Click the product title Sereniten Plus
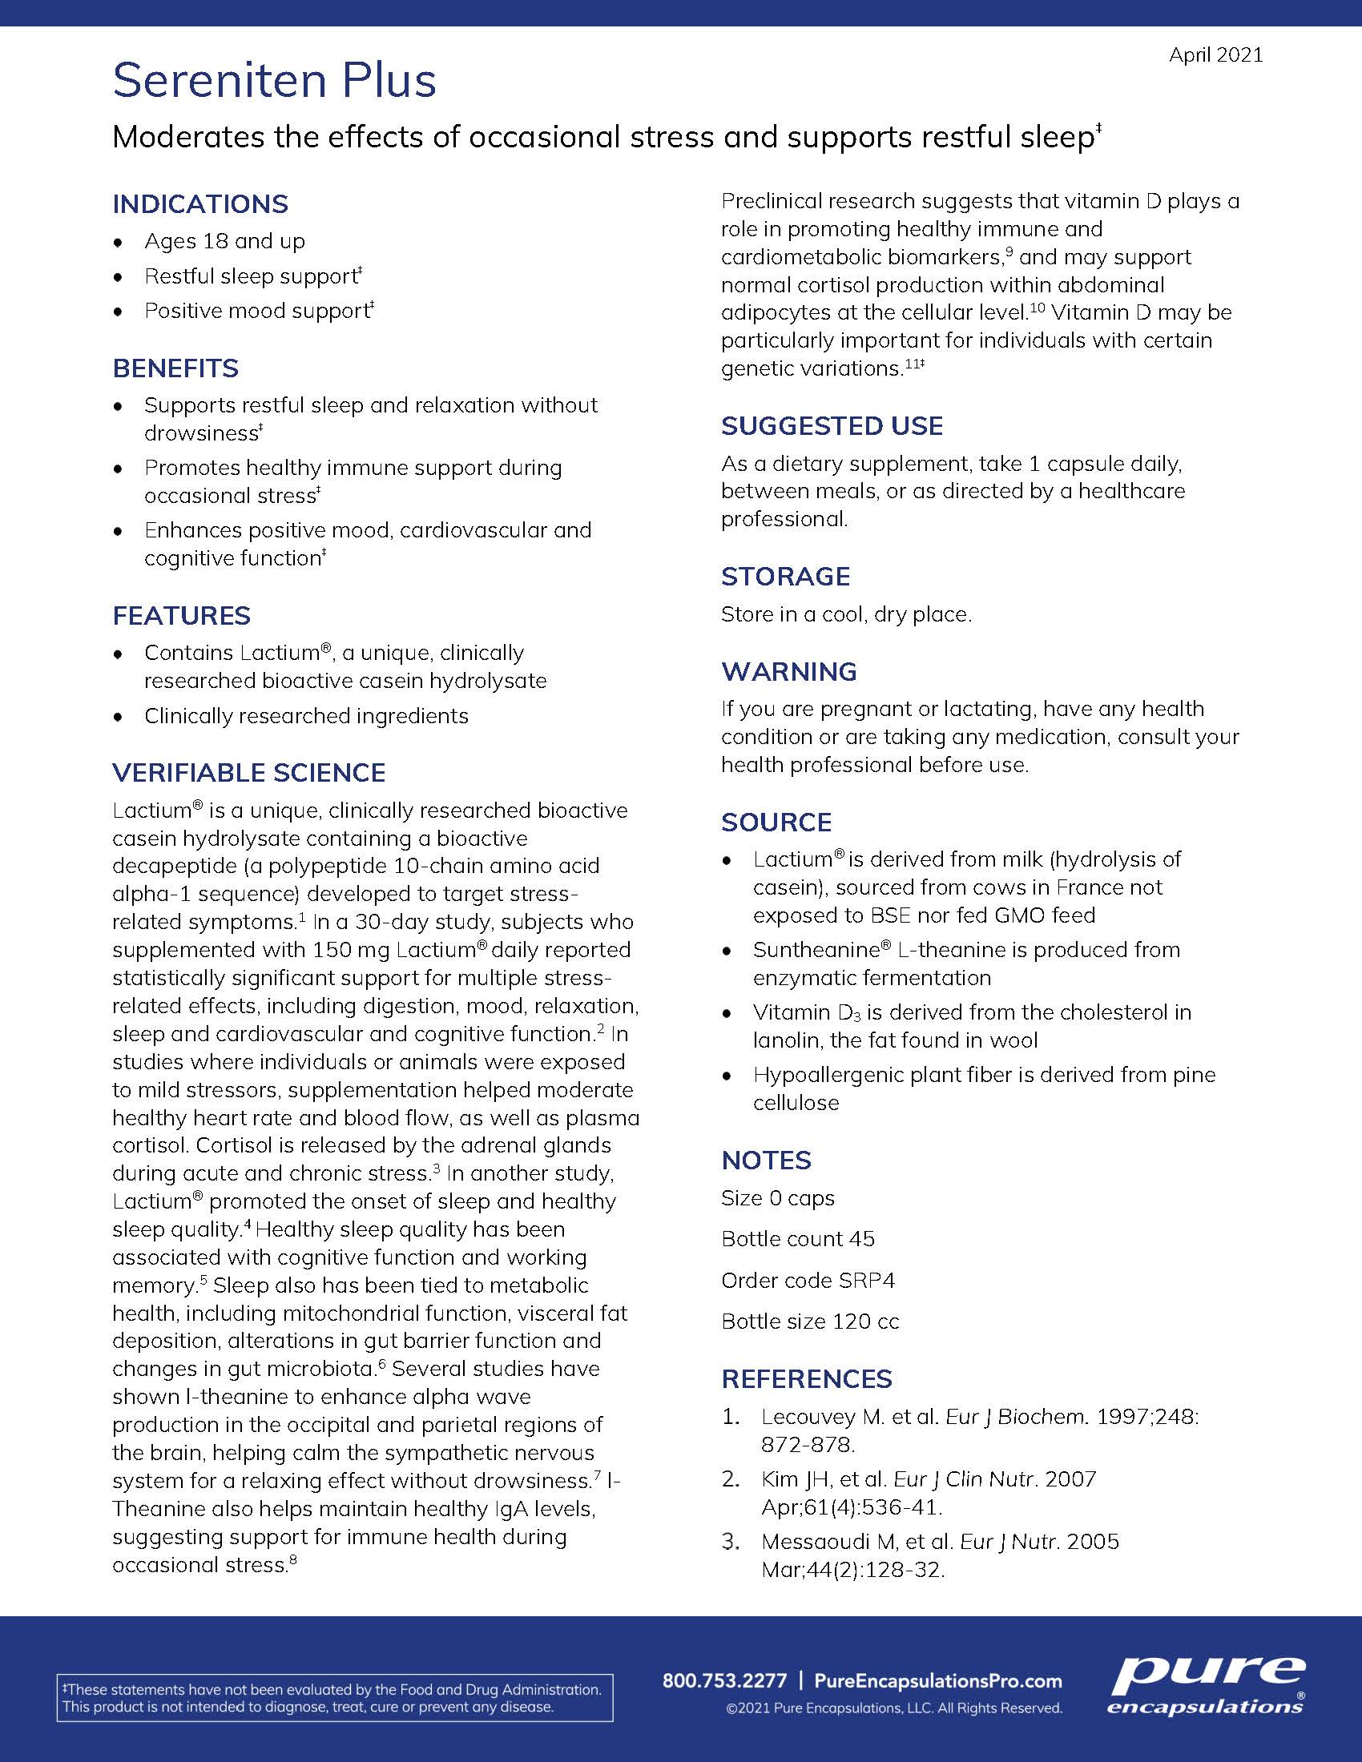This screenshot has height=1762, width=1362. point(274,81)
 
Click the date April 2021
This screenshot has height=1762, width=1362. point(1215,54)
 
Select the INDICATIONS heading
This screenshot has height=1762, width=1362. point(200,204)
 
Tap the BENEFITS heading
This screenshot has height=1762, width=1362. point(175,368)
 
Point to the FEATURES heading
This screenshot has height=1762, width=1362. point(182,616)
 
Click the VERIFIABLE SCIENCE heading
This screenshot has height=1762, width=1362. point(248,773)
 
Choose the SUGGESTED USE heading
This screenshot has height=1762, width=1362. point(832,426)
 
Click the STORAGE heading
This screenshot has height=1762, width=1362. point(785,577)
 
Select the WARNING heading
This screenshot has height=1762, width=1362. point(788,671)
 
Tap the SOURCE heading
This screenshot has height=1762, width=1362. point(776,822)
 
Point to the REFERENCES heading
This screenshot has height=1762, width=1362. point(807,1379)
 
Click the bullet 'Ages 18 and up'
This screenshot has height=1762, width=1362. point(224,241)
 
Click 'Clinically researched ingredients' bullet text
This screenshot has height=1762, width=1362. point(306,717)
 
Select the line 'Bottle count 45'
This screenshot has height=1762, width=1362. point(797,1239)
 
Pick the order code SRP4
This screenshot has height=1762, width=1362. point(866,1281)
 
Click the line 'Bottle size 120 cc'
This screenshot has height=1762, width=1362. point(809,1321)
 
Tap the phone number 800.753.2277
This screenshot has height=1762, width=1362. point(723,1681)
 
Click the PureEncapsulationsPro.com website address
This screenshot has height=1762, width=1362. point(937,1681)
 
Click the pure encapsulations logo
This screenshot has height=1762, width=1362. point(1206,1684)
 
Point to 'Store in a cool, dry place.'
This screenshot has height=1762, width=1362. point(845,615)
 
